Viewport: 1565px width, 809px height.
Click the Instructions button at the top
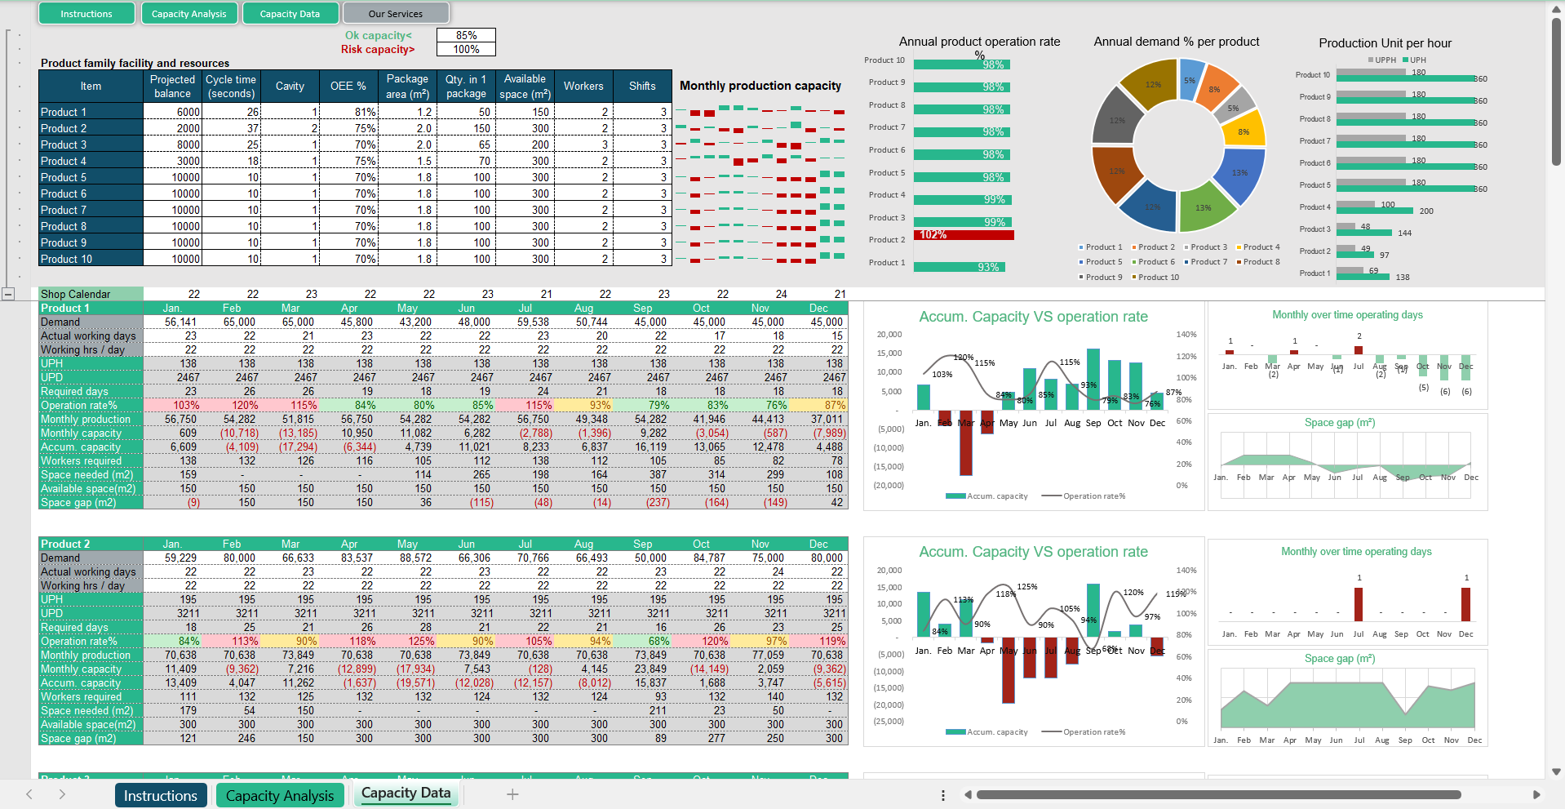point(86,14)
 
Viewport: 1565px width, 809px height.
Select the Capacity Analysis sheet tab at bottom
point(280,795)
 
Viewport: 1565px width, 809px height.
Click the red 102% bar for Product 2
point(964,235)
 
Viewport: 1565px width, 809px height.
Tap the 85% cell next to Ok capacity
point(466,35)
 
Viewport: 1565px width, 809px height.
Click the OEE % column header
point(348,86)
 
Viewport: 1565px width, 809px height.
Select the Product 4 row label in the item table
point(91,161)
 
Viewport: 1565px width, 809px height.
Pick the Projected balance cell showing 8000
point(173,144)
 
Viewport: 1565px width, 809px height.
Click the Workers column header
point(583,86)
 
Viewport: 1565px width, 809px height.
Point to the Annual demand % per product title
point(1176,42)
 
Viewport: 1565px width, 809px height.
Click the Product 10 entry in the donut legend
point(1158,278)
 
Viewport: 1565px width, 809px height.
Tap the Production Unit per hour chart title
point(1385,43)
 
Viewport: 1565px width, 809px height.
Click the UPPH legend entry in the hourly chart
point(1383,60)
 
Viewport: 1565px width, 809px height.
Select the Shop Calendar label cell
point(91,294)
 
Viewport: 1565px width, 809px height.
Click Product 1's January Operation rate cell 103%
point(173,406)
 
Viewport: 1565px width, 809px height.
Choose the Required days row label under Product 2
point(91,628)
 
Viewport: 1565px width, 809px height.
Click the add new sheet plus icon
point(512,794)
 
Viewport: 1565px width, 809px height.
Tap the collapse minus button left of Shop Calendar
point(8,294)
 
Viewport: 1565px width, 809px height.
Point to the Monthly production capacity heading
point(760,86)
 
